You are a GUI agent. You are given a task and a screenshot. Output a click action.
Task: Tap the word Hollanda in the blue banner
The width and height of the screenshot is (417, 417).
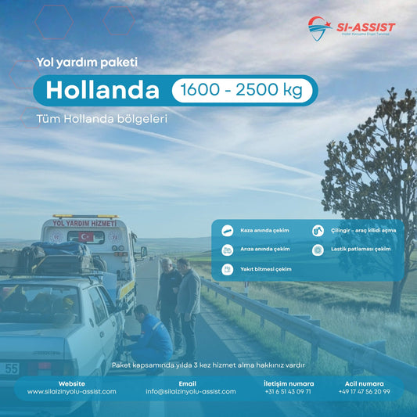point(102,91)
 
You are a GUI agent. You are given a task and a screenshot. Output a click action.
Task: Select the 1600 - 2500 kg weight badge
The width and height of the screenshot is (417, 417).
point(242,91)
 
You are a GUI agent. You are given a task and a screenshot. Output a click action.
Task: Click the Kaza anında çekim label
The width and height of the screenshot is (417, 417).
point(264,231)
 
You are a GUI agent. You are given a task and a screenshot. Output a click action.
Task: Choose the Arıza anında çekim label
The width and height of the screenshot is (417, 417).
point(264,250)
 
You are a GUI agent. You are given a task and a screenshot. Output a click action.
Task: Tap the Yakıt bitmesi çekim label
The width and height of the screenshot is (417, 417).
point(265,269)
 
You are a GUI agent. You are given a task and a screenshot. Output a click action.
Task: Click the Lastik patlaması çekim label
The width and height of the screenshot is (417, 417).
point(361,250)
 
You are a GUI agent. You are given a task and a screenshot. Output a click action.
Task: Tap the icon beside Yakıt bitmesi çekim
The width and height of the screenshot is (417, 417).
point(227,269)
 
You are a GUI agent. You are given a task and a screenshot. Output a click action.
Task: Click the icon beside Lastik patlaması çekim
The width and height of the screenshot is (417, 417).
point(318,250)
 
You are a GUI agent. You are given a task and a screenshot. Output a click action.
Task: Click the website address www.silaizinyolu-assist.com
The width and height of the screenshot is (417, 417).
point(72,392)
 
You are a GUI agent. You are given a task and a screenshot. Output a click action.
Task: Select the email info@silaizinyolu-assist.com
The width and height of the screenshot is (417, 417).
point(190,392)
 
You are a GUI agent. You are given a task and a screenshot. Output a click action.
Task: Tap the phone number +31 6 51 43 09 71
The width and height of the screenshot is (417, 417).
point(288,392)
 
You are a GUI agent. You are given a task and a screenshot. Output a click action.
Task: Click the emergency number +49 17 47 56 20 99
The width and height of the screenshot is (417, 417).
point(364,392)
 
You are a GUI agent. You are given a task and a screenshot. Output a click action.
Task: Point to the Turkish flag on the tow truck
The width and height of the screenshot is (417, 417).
point(85,236)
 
